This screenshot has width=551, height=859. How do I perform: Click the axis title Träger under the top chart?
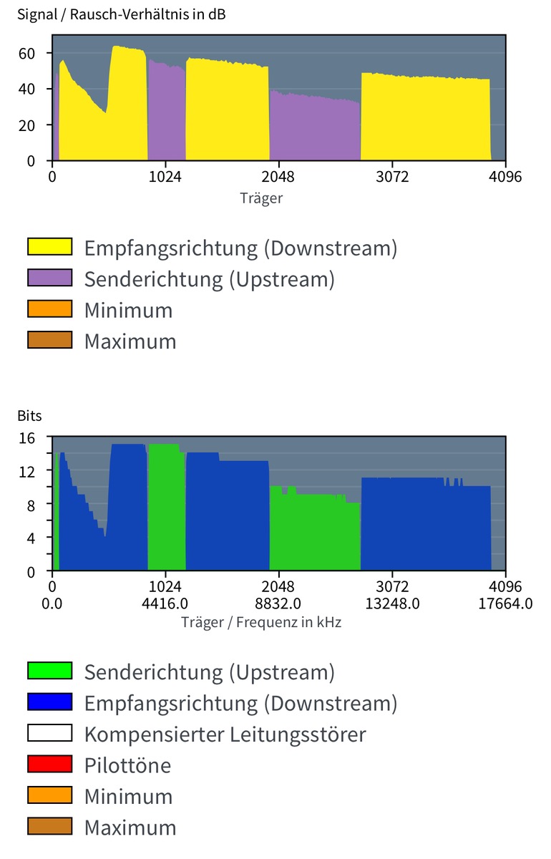tap(261, 198)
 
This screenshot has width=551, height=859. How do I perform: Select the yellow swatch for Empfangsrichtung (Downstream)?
tap(49, 248)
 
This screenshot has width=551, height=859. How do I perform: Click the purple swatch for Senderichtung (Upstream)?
tap(49, 278)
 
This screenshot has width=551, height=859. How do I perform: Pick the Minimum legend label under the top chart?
tap(128, 310)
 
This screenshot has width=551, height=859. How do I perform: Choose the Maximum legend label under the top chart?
tap(130, 341)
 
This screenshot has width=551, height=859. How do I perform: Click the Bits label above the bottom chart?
tap(29, 416)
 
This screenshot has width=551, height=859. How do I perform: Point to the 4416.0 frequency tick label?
tap(165, 603)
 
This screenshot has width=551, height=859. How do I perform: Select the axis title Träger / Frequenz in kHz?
tap(261, 622)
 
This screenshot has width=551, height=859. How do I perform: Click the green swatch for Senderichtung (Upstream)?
tap(49, 671)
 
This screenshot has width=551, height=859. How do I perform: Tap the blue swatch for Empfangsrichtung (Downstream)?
tap(49, 702)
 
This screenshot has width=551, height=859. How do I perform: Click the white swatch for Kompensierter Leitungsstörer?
tap(49, 734)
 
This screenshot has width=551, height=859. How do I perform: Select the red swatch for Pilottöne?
tap(49, 765)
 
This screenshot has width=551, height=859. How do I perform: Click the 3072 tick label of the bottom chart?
tap(391, 586)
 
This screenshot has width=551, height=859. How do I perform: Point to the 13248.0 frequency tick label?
tap(391, 603)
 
